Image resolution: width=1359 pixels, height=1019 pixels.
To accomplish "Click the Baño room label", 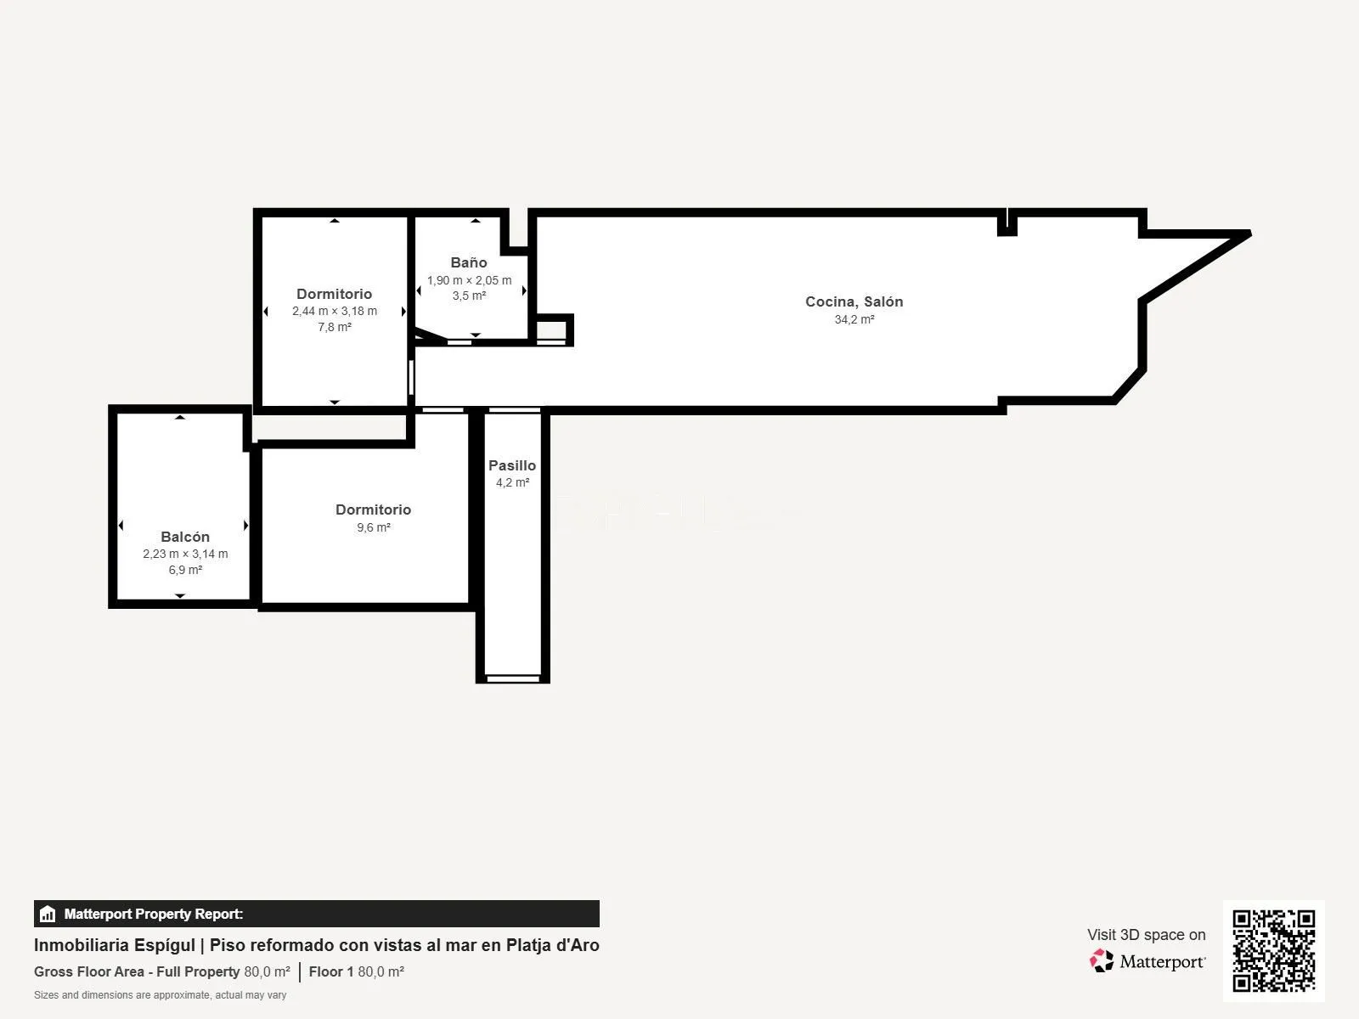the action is pyautogui.click(x=469, y=262).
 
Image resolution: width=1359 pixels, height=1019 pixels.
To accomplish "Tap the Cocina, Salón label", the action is pyautogui.click(x=854, y=302).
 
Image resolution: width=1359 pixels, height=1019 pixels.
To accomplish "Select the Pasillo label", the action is pyautogui.click(x=512, y=465).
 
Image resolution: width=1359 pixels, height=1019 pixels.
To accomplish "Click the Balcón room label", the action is pyautogui.click(x=185, y=537).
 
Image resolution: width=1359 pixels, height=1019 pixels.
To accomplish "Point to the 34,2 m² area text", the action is pyautogui.click(x=854, y=319).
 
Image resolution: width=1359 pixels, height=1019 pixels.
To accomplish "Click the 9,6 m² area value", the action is pyautogui.click(x=374, y=527).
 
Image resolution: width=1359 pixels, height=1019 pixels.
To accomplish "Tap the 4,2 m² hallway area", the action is pyautogui.click(x=513, y=482).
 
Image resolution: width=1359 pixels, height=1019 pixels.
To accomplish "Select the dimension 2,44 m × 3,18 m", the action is pyautogui.click(x=335, y=311).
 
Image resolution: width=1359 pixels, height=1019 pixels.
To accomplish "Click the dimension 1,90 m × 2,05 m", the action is pyautogui.click(x=470, y=280).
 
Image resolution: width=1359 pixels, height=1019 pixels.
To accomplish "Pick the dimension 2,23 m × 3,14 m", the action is pyautogui.click(x=185, y=554).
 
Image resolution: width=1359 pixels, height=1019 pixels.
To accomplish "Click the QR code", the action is pyautogui.click(x=1273, y=951).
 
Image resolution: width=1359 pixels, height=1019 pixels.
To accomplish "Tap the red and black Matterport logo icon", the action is pyautogui.click(x=1102, y=961).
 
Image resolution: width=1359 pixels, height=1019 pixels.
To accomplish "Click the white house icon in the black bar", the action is pyautogui.click(x=48, y=914).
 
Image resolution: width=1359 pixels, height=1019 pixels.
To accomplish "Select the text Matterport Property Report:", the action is pyautogui.click(x=154, y=914).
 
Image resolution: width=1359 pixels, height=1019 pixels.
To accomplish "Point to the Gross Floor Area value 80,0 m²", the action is pyautogui.click(x=267, y=971).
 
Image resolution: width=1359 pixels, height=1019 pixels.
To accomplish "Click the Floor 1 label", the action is pyautogui.click(x=331, y=971).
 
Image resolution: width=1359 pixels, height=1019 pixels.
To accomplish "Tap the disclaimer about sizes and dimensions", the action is pyautogui.click(x=160, y=995).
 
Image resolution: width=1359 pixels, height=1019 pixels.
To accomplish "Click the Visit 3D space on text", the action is pyautogui.click(x=1146, y=935).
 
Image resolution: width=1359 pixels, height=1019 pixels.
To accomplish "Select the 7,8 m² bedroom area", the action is pyautogui.click(x=335, y=327).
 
